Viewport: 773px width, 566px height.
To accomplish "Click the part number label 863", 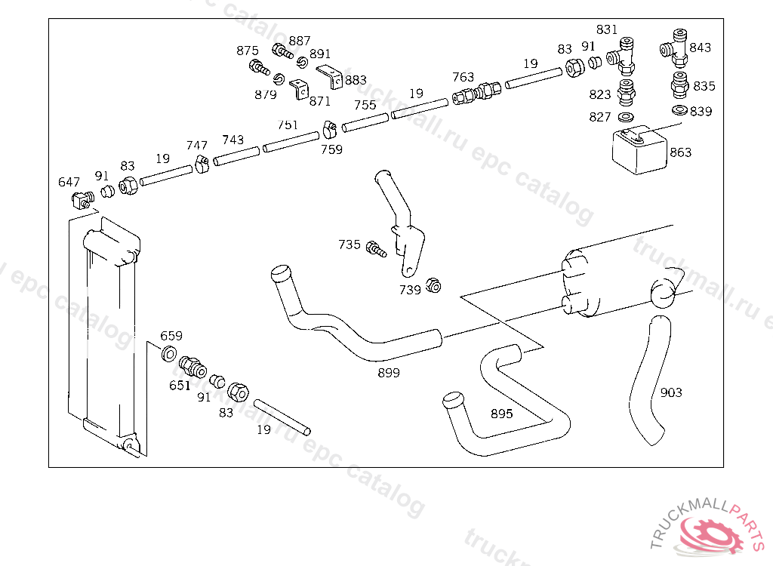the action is [x=680, y=152].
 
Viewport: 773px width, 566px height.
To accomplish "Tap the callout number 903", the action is [x=671, y=392].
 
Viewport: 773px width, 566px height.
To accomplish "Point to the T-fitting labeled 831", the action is [x=621, y=56].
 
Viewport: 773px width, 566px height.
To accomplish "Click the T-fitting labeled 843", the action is [x=673, y=48].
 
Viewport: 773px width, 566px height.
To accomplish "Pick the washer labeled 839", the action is [x=680, y=109].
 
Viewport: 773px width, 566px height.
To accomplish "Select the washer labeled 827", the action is [x=626, y=117].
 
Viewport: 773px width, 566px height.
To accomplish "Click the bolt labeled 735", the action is [x=376, y=249].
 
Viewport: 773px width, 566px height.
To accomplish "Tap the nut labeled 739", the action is [x=433, y=285].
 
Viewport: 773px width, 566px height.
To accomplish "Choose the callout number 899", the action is [x=389, y=373].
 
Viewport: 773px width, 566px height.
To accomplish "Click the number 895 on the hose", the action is [x=501, y=414].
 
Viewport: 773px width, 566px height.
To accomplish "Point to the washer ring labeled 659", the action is [x=169, y=353].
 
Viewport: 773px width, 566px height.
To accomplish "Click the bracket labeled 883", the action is [x=330, y=76].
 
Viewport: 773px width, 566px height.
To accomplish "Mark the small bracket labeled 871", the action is [x=299, y=89].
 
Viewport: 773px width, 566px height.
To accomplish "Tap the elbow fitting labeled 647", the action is [x=82, y=200].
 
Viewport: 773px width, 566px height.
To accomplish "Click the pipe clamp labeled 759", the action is [x=329, y=130].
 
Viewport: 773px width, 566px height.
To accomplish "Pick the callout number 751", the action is [x=288, y=125].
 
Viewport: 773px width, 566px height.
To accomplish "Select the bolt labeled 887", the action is [x=282, y=51].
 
